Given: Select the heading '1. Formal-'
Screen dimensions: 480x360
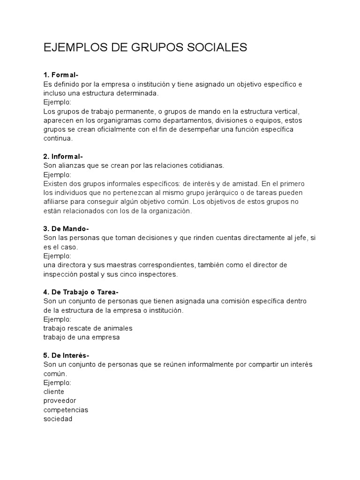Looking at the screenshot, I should (61, 75).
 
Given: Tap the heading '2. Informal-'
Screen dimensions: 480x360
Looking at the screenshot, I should (63, 157).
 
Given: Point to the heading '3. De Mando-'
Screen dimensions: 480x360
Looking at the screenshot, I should (66, 229).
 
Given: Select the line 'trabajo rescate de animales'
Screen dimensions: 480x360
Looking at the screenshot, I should (88, 328).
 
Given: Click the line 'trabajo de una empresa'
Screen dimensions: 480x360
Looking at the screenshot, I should (82, 337).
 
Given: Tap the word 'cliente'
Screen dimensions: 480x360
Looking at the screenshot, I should (54, 391).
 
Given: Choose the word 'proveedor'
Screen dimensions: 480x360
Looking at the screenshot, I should (60, 401).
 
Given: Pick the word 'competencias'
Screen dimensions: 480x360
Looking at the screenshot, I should (66, 410).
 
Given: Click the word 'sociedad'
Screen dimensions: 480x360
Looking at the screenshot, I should (58, 419).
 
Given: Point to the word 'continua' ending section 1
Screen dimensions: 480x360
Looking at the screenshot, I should (58, 139).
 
